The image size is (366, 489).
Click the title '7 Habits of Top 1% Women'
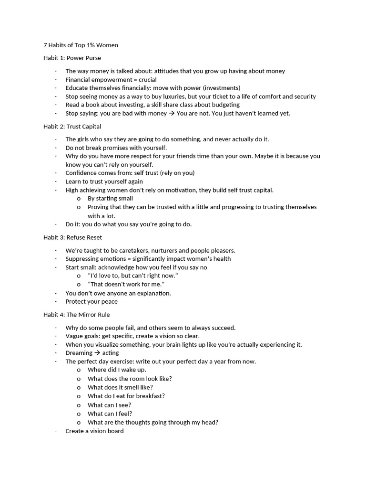point(81,45)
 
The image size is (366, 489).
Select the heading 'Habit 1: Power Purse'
point(72,58)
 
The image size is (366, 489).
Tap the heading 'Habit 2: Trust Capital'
point(72,127)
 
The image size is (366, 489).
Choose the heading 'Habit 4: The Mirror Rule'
point(76,314)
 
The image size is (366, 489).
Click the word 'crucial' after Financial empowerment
point(146,79)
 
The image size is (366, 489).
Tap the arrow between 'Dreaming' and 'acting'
point(97,353)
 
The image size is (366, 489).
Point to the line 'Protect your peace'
point(91,301)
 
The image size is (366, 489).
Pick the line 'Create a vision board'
point(94,431)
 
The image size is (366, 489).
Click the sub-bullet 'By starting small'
point(110,198)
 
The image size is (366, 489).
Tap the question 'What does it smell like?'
point(120,387)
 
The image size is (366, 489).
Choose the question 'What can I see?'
point(109,404)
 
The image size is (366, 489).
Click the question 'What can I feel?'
point(110,414)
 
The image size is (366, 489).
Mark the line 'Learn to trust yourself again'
point(104,181)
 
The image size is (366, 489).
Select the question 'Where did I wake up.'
point(117,370)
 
